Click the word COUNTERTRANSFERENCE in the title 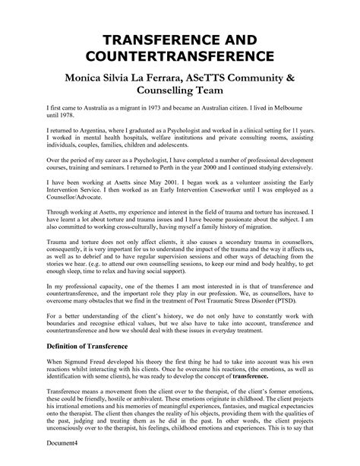pyautogui.click(x=180, y=57)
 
